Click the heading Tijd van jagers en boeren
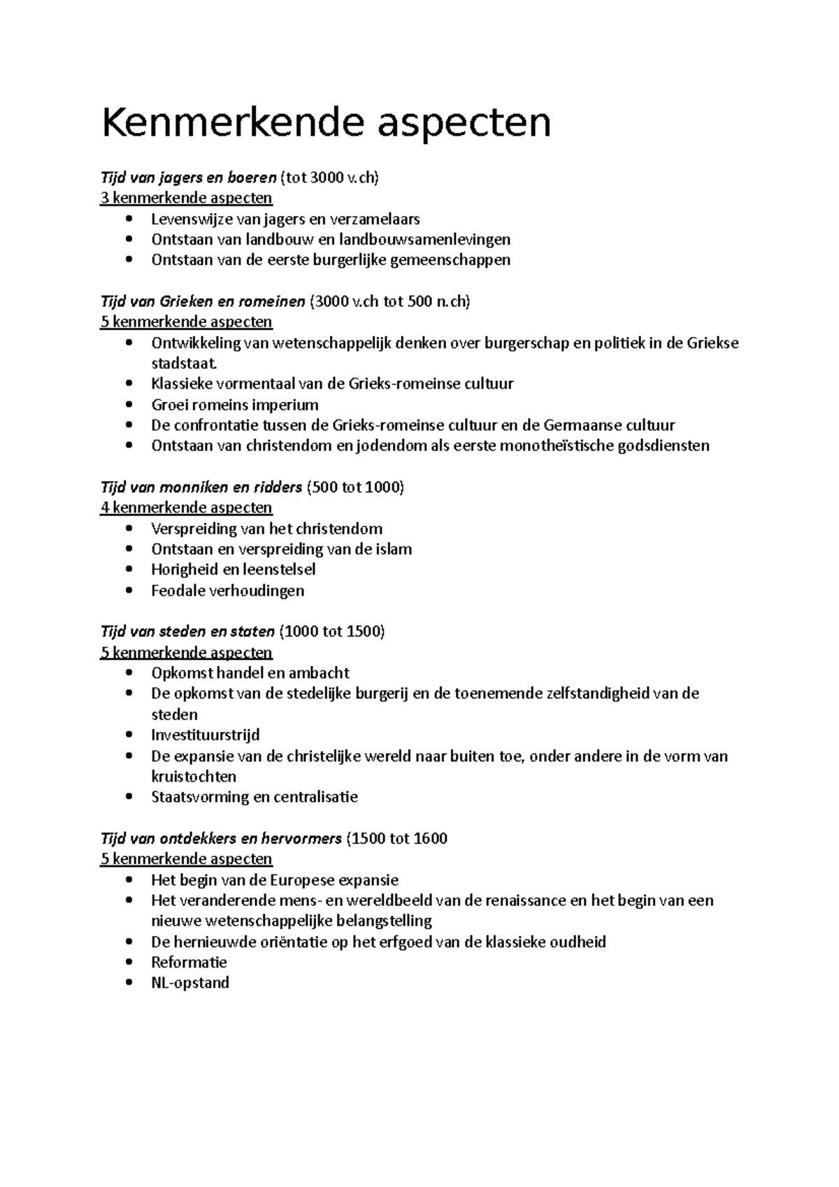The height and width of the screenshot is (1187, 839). (x=189, y=178)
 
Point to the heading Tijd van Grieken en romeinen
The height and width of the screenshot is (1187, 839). (x=203, y=302)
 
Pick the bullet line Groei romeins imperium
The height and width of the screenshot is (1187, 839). (x=234, y=405)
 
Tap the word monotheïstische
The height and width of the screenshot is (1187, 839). (x=557, y=446)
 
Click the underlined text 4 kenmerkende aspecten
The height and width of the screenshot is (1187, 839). (x=187, y=508)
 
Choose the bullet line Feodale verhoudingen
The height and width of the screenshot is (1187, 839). (x=227, y=591)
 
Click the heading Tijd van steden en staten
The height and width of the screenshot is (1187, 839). (x=187, y=632)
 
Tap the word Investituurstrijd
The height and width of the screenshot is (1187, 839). (x=206, y=735)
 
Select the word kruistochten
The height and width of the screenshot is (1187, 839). (x=194, y=777)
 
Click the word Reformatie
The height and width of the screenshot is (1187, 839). (x=189, y=963)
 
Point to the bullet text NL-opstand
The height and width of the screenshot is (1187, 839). (x=190, y=983)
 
